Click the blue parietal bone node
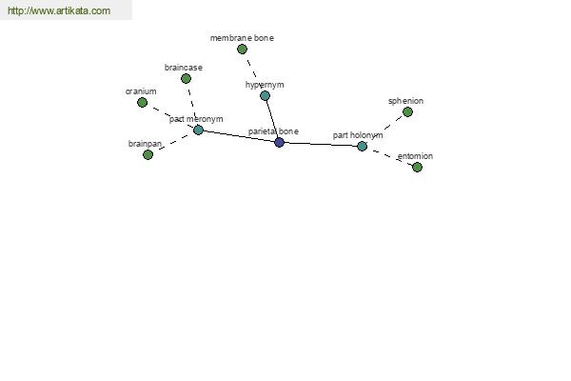pyautogui.click(x=279, y=142)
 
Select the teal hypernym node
pyautogui.click(x=266, y=96)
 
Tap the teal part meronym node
pyautogui.click(x=198, y=130)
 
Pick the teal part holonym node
pyautogui.click(x=362, y=146)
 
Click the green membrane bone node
pyautogui.click(x=242, y=49)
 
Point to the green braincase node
pyautogui.click(x=187, y=78)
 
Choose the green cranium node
pyautogui.click(x=143, y=103)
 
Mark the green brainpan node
pyautogui.click(x=148, y=155)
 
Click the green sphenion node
pyautogui.click(x=408, y=112)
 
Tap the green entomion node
pyautogui.click(x=418, y=168)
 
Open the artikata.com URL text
pyautogui.click(x=59, y=10)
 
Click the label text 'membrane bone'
pyautogui.click(x=242, y=38)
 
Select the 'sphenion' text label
pyautogui.click(x=405, y=101)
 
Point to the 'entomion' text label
pyautogui.click(x=415, y=156)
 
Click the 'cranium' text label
pyautogui.click(x=141, y=91)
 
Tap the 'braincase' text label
pyautogui.click(x=183, y=68)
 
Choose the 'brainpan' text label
pyautogui.click(x=145, y=144)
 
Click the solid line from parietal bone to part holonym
pyautogui.click(x=321, y=145)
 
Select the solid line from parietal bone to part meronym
pyautogui.click(x=239, y=136)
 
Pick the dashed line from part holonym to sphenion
pyautogui.click(x=384, y=130)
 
